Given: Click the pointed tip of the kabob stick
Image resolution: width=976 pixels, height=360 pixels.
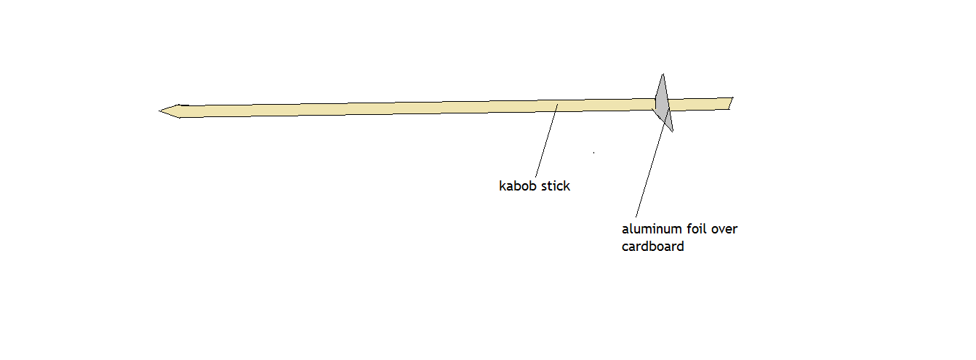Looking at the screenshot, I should click(161, 111).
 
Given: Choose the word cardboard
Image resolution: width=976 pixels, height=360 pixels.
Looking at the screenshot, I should click(652, 246).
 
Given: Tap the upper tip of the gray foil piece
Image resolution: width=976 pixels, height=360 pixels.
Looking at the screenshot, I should click(662, 75).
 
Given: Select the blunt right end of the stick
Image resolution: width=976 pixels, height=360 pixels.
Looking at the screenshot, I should click(731, 103).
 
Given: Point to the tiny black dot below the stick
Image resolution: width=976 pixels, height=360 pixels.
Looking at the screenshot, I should click(594, 153).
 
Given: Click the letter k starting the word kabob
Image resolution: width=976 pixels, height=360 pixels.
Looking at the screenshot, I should click(502, 185).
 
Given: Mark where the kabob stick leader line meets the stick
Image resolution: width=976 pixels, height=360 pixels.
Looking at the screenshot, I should click(557, 105).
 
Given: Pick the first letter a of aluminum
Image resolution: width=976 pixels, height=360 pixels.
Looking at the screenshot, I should click(625, 230).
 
